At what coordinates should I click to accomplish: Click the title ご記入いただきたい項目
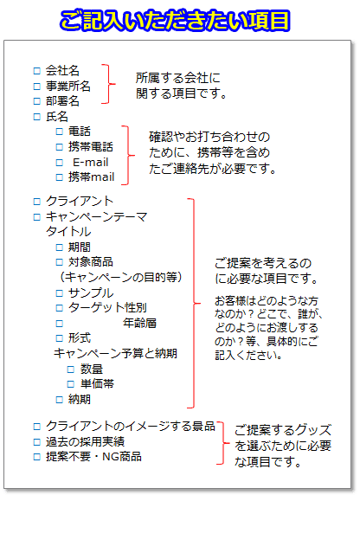[x=175, y=21]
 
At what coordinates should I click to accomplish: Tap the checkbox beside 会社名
[x=36, y=71]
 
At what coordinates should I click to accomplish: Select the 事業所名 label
[x=68, y=86]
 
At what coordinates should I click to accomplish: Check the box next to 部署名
[x=36, y=101]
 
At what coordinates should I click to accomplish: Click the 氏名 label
[x=57, y=117]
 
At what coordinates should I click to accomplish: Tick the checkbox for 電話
[x=60, y=132]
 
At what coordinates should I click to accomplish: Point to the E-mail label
[x=91, y=162]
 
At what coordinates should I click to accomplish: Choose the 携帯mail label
[x=91, y=177]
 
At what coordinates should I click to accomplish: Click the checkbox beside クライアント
[x=36, y=202]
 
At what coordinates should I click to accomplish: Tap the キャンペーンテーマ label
[x=97, y=216]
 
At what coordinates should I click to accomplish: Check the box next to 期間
[x=60, y=247]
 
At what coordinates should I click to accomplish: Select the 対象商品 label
[x=91, y=261]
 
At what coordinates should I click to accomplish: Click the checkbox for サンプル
[x=60, y=293]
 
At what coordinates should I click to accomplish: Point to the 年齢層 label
[x=139, y=323]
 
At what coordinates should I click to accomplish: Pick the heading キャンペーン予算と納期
[x=115, y=353]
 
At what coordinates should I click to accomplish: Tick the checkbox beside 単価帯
[x=71, y=384]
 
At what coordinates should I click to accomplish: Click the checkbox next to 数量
[x=71, y=369]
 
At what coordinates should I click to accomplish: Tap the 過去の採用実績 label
[x=85, y=441]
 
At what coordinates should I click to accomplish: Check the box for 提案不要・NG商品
[x=36, y=457]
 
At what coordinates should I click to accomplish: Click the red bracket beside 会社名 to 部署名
[x=109, y=84]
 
